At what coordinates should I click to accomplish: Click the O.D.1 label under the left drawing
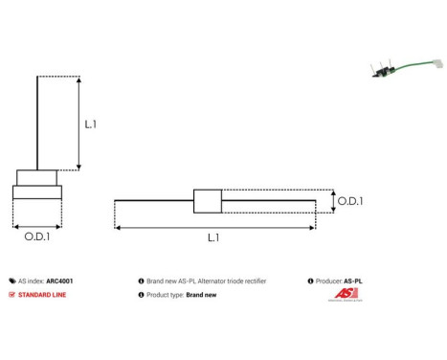click(x=37, y=236)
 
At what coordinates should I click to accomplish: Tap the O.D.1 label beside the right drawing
click(x=350, y=201)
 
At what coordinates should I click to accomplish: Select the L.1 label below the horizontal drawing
click(x=213, y=236)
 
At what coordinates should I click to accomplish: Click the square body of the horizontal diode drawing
click(x=208, y=201)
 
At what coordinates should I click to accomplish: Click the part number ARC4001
click(x=59, y=281)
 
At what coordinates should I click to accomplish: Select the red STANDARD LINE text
click(x=44, y=295)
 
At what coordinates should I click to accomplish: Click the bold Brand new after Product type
click(x=202, y=295)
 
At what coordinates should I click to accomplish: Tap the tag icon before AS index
click(x=12, y=281)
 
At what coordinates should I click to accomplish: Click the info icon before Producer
click(x=310, y=281)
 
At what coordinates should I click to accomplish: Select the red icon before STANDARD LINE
click(x=12, y=295)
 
